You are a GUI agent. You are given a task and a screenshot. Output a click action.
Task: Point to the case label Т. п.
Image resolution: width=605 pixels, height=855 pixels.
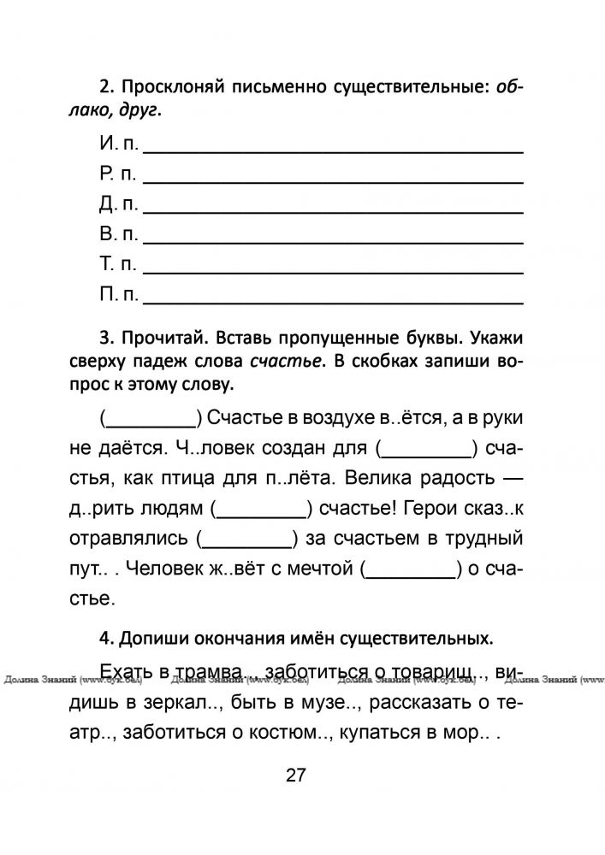coord(118,264)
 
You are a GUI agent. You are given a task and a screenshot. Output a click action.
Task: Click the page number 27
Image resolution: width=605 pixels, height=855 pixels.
coord(296,775)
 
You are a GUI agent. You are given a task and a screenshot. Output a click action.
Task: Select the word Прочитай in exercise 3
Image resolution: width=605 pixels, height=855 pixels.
coord(163,339)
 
